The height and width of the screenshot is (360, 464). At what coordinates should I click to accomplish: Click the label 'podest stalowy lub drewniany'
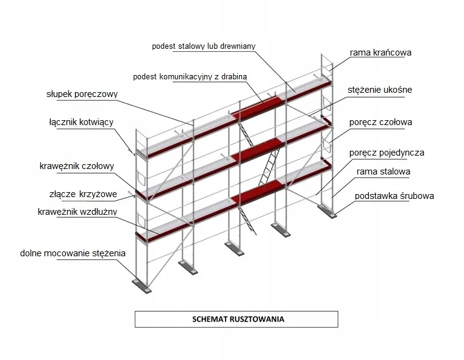tap(204, 46)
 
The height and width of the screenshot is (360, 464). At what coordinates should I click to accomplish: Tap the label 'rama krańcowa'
tap(380, 52)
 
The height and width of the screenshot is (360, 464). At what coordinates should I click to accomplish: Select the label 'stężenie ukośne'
tap(380, 90)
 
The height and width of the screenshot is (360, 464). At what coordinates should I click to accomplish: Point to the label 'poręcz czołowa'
tap(380, 122)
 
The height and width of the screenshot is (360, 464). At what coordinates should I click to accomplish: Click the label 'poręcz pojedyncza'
tap(387, 153)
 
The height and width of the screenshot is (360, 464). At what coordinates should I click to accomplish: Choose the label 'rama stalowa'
tap(384, 171)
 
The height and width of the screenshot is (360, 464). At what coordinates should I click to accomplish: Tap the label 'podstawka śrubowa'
tap(394, 196)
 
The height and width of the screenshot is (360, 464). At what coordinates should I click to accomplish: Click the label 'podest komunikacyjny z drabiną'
tap(190, 77)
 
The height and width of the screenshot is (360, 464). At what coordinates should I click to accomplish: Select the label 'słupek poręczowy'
tap(82, 94)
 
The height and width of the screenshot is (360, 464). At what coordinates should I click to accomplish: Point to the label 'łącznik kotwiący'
tap(81, 122)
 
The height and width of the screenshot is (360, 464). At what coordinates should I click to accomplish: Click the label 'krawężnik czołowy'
tap(77, 166)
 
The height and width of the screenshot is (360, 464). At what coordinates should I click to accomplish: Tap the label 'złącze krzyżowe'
tap(83, 194)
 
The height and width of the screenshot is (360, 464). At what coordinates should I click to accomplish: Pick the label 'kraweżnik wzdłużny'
tap(77, 212)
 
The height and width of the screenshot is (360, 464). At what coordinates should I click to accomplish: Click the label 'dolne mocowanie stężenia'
tap(73, 253)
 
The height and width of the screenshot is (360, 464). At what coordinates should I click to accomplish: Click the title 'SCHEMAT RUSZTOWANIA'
tap(238, 319)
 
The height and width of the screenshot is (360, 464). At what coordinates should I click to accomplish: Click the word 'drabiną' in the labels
tap(234, 77)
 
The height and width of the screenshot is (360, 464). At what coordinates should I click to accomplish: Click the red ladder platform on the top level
tap(258, 107)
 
